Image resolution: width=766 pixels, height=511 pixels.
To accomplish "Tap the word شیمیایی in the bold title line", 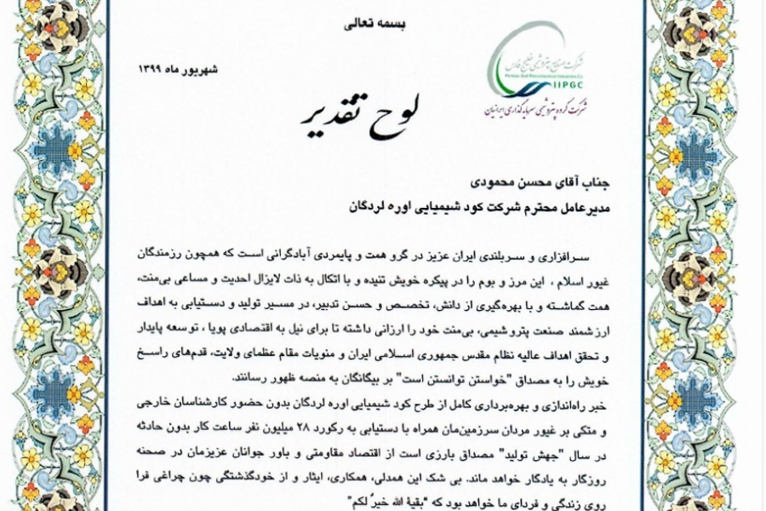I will coord(430,205).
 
